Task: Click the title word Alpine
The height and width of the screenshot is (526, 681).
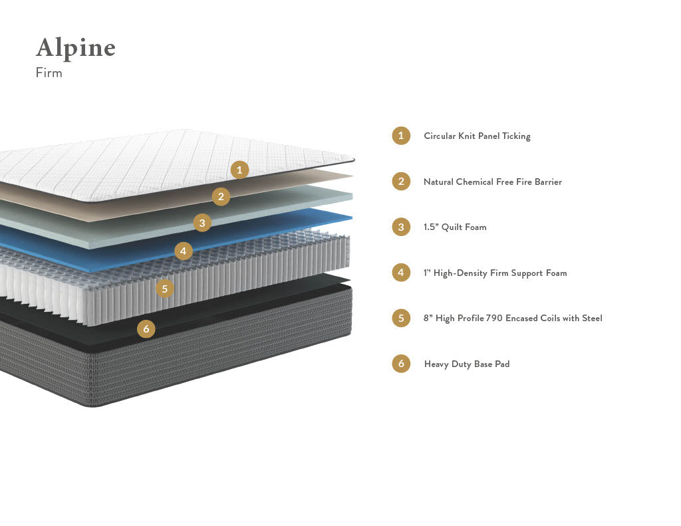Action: [x=75, y=49]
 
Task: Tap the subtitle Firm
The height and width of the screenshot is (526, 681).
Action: [x=49, y=73]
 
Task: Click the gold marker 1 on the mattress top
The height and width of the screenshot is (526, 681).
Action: [x=240, y=170]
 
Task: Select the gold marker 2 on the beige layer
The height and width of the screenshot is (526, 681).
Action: [x=221, y=196]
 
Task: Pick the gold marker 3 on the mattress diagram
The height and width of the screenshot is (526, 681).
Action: [x=202, y=223]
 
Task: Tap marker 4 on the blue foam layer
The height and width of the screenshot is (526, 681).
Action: [x=184, y=251]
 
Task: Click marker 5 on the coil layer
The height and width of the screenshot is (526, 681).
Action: [x=165, y=289]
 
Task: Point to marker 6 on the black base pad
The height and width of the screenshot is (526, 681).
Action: [x=146, y=329]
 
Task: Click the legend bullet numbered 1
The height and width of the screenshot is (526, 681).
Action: [x=401, y=136]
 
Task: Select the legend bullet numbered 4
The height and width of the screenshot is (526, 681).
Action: [x=401, y=273]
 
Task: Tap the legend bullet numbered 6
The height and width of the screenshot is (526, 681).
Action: [x=401, y=364]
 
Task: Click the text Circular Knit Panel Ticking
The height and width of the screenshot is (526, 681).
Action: [x=477, y=136]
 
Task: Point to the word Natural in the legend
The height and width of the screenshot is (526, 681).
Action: [x=438, y=182]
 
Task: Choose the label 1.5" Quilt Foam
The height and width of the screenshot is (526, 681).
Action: [x=455, y=227]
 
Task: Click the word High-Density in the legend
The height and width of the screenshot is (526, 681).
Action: [x=461, y=273]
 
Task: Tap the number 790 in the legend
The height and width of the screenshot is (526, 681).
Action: [x=494, y=319]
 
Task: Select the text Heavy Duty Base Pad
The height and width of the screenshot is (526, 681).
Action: [x=467, y=364]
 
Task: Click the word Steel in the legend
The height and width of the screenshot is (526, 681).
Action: [x=592, y=319]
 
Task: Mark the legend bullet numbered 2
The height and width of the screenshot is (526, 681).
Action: [x=401, y=181]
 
